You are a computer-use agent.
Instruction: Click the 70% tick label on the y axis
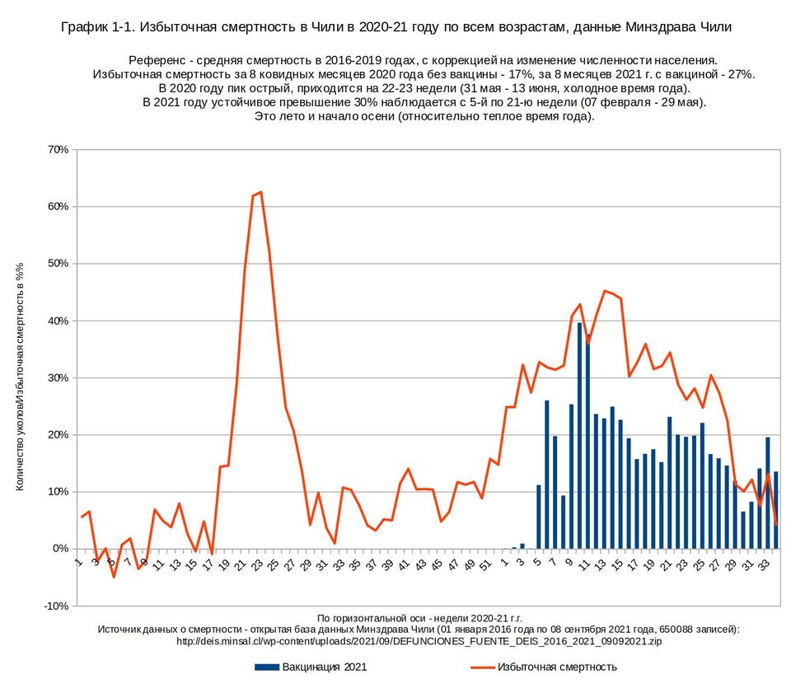pos(59,150)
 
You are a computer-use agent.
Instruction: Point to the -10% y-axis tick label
pos(56,606)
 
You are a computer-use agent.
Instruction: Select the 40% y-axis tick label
pos(59,321)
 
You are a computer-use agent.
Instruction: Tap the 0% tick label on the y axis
pos(61,549)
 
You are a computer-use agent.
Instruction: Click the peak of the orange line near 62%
pos(260,192)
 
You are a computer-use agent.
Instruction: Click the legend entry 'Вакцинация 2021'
pos(324,667)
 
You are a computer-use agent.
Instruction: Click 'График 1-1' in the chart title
pos(96,27)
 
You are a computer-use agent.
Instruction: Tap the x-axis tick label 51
pos(485,566)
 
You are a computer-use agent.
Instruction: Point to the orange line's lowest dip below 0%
pos(114,576)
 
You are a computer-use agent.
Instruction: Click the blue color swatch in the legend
pos(266,667)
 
